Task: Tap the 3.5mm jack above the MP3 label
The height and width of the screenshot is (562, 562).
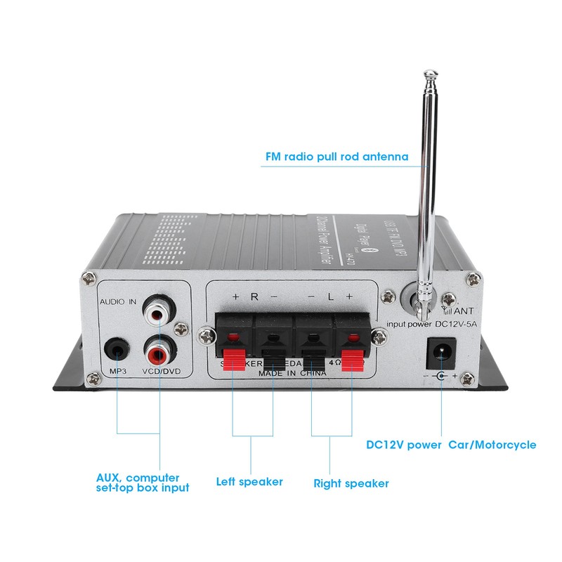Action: click(x=117, y=349)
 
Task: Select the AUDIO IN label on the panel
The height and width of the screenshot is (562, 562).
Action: click(x=117, y=301)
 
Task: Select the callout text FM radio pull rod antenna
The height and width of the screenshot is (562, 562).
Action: click(x=336, y=156)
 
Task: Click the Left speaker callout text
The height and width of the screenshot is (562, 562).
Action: click(x=249, y=482)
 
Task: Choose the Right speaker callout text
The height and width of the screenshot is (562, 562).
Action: click(x=351, y=483)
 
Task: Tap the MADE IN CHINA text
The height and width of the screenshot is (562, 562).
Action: click(x=292, y=374)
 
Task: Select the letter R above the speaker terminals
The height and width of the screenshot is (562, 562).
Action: click(x=254, y=296)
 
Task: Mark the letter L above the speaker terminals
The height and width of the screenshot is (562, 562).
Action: click(x=329, y=296)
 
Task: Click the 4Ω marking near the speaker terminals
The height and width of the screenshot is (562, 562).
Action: click(x=336, y=362)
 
